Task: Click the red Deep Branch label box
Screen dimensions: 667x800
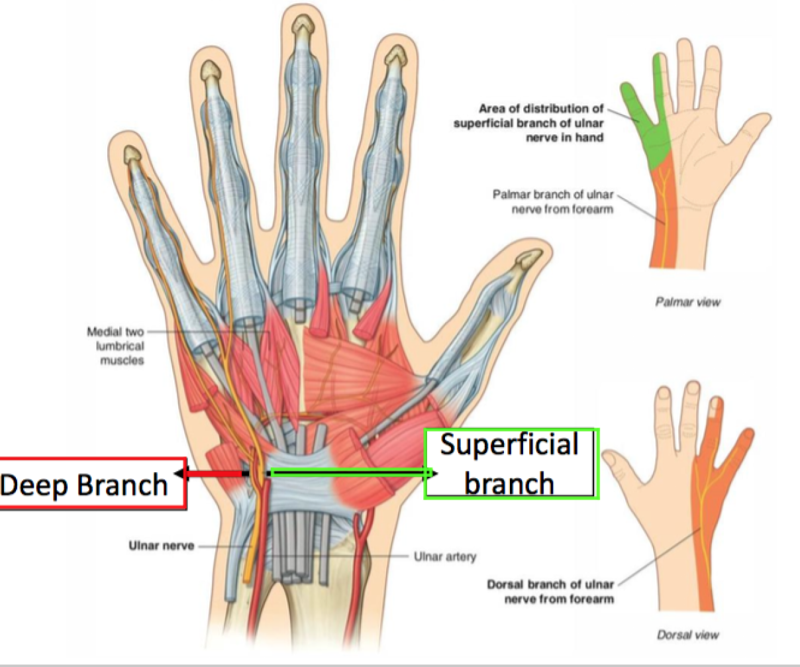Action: [91, 484]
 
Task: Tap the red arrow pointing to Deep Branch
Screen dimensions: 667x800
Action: [212, 473]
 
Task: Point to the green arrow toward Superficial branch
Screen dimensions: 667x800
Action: [351, 472]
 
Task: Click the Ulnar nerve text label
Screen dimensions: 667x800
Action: [161, 546]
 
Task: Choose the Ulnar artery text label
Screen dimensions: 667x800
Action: [445, 557]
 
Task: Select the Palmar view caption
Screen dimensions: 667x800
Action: [687, 302]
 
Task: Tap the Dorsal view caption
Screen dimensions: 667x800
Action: [687, 635]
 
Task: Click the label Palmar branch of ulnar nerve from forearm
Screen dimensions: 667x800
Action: [553, 201]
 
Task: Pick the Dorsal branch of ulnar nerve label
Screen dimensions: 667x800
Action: [550, 591]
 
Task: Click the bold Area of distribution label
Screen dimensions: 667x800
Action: [528, 123]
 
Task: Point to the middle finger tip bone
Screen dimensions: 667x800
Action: [303, 28]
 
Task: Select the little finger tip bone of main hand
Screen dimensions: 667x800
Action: [132, 155]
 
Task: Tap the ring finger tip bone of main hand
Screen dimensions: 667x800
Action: [211, 68]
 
